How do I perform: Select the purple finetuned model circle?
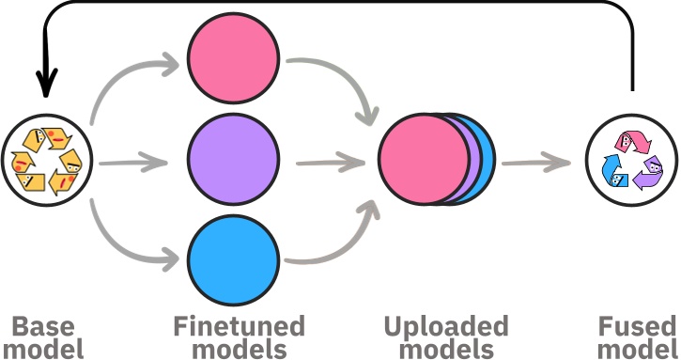pos(233,153)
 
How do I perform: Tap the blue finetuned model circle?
pos(233,256)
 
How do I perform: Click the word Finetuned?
pos(240,327)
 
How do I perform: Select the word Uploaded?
pos(445,327)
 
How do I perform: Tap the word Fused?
pos(638,327)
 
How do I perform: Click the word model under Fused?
pos(638,350)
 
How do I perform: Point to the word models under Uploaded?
pos(445,350)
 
